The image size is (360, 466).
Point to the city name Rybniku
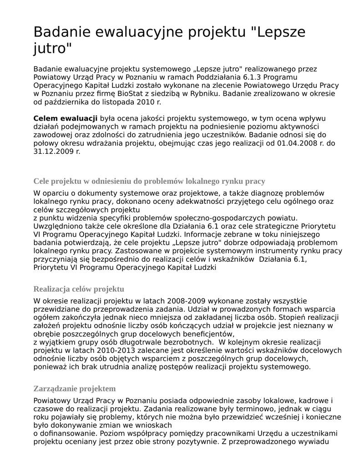(x=203, y=94)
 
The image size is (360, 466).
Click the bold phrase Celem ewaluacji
(x=66, y=118)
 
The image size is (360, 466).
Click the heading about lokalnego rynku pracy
(x=149, y=181)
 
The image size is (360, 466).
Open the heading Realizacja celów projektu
(x=79, y=289)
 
